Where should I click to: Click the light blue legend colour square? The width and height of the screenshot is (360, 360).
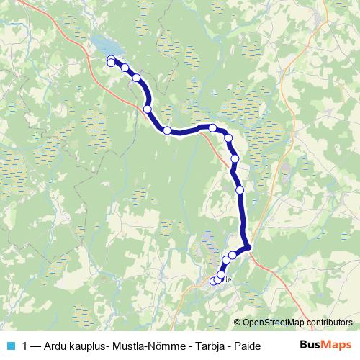point(11,346)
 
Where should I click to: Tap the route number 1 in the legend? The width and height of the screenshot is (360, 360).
point(27,346)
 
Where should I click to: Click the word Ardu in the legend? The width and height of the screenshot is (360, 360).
point(58,346)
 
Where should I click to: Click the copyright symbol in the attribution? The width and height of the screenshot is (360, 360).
point(238,323)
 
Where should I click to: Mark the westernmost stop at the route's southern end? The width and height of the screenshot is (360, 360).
point(213,281)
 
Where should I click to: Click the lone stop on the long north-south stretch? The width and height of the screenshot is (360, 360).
point(240,190)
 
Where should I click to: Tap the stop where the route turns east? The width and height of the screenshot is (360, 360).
point(167,130)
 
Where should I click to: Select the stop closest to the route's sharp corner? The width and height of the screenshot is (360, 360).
point(233,255)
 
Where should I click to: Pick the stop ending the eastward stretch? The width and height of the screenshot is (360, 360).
point(212,127)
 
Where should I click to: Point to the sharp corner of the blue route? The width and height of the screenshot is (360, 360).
point(248,248)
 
